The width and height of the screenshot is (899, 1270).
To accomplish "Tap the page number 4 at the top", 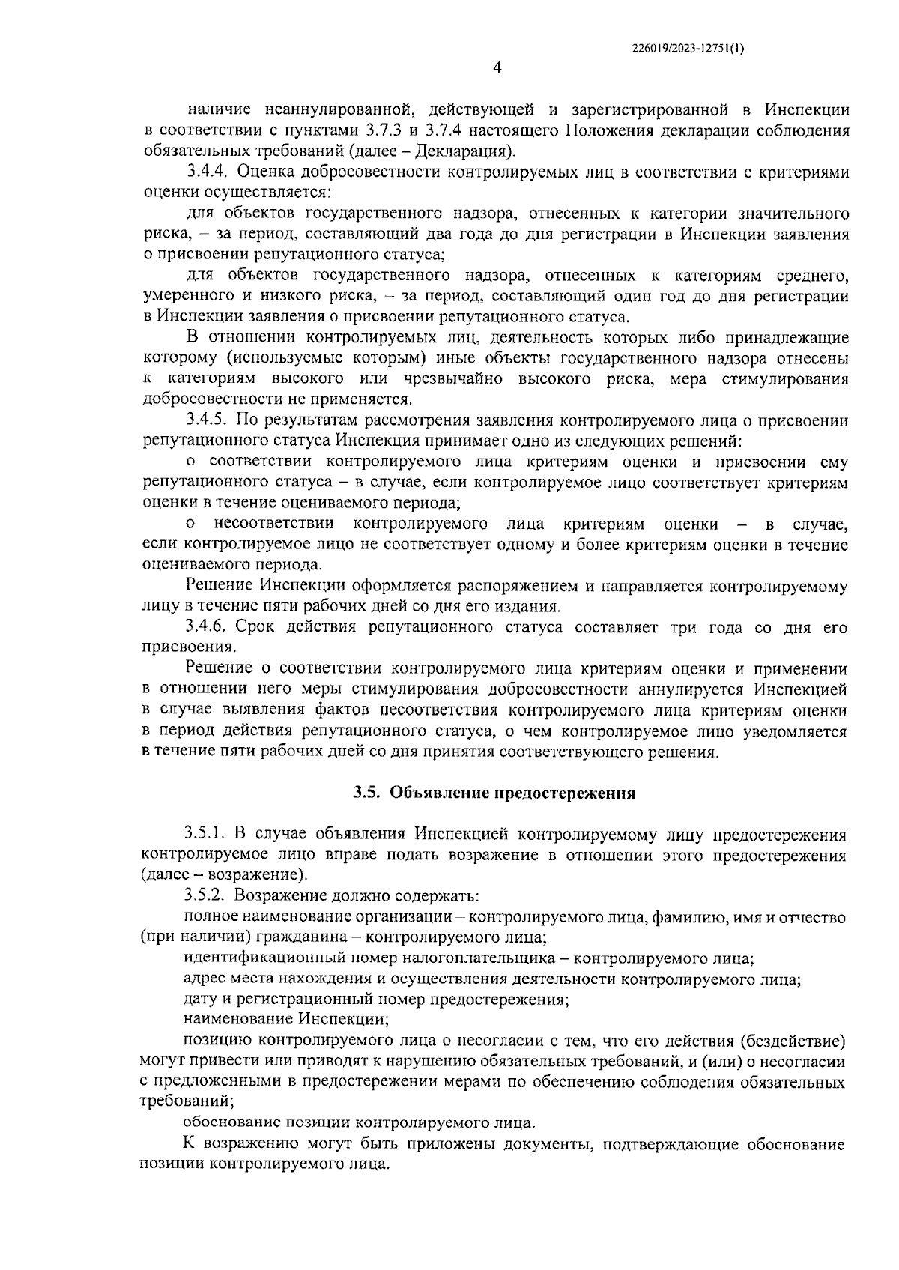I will click(497, 69).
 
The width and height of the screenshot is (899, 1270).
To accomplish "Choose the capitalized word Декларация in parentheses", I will click(469, 151).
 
